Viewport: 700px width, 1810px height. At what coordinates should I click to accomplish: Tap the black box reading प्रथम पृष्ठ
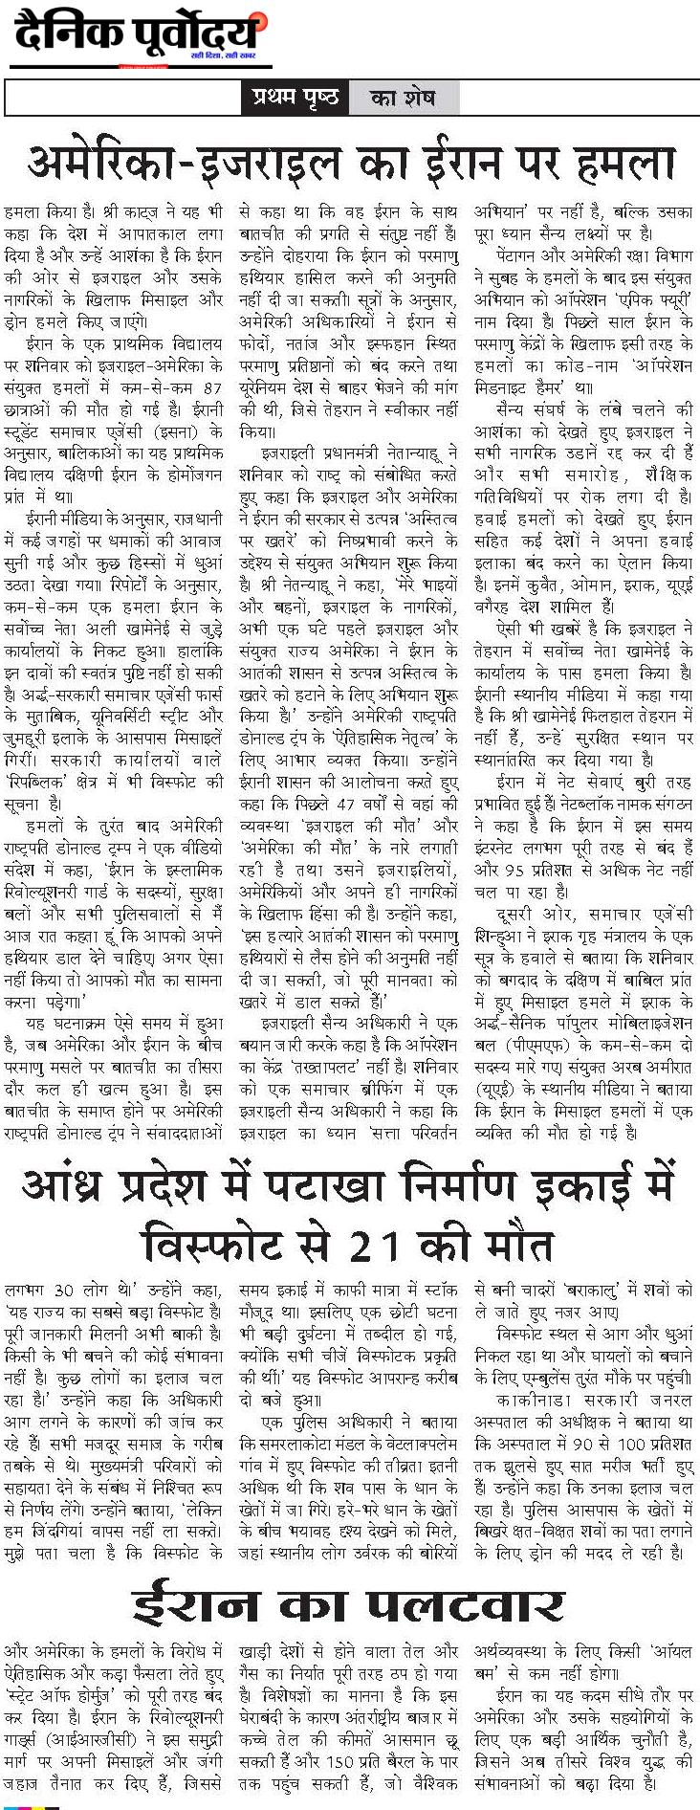[295, 98]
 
